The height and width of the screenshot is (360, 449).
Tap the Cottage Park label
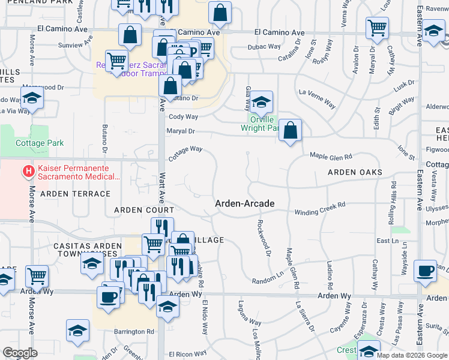pos(40,143)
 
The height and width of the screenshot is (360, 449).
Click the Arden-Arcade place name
pos(245,204)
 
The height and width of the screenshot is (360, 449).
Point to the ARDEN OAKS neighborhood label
pos(355,172)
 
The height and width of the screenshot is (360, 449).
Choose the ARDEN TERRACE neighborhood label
pos(75,194)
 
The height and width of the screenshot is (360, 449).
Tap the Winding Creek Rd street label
pos(320,208)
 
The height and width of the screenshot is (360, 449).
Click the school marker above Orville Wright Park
pos(261,103)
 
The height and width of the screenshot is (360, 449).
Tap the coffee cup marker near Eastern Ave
pos(426,270)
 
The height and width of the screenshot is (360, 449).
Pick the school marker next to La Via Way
pos(32,98)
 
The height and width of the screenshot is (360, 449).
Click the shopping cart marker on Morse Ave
pos(37,277)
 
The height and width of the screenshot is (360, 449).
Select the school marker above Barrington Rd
pos(77,331)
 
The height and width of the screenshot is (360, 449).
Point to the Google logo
pos(20,353)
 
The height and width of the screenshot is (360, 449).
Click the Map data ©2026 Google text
pos(411,355)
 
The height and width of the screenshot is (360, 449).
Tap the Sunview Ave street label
pos(70,45)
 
